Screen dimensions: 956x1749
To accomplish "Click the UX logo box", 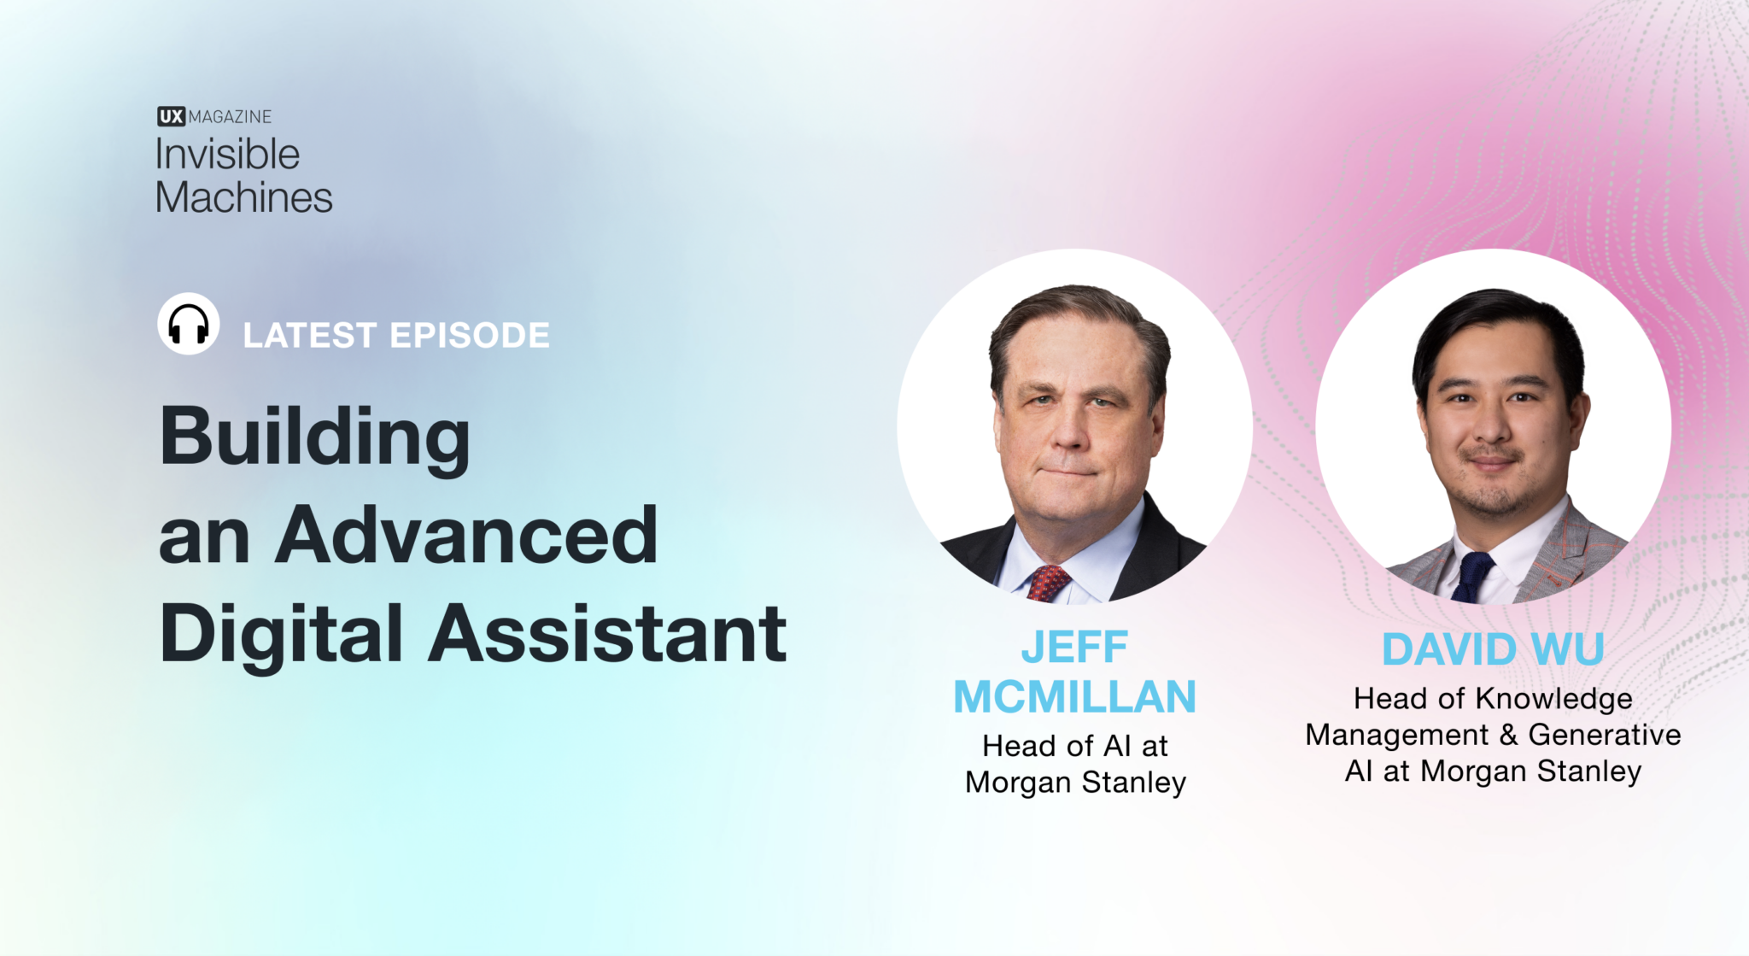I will [171, 116].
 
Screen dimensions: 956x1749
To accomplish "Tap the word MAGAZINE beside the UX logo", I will [230, 116].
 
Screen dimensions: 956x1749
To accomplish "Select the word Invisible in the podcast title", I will [227, 155].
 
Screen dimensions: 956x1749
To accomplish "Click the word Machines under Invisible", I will [243, 197].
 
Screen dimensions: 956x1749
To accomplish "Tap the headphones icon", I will [189, 324].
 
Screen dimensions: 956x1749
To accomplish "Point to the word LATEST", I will [309, 335].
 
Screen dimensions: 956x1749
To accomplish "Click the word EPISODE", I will [470, 335].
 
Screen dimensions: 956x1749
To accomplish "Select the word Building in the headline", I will [314, 437].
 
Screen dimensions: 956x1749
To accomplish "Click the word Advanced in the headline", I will [466, 535].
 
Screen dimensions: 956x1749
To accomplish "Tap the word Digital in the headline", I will [281, 635].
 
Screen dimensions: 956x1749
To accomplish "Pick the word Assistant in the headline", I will [607, 633].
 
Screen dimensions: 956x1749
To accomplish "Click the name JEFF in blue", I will [1074, 647].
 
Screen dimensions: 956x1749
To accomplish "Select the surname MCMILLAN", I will [1074, 696].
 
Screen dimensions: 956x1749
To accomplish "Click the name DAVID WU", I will [1493, 648].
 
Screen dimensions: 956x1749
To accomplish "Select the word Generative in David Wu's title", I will [1604, 735].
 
